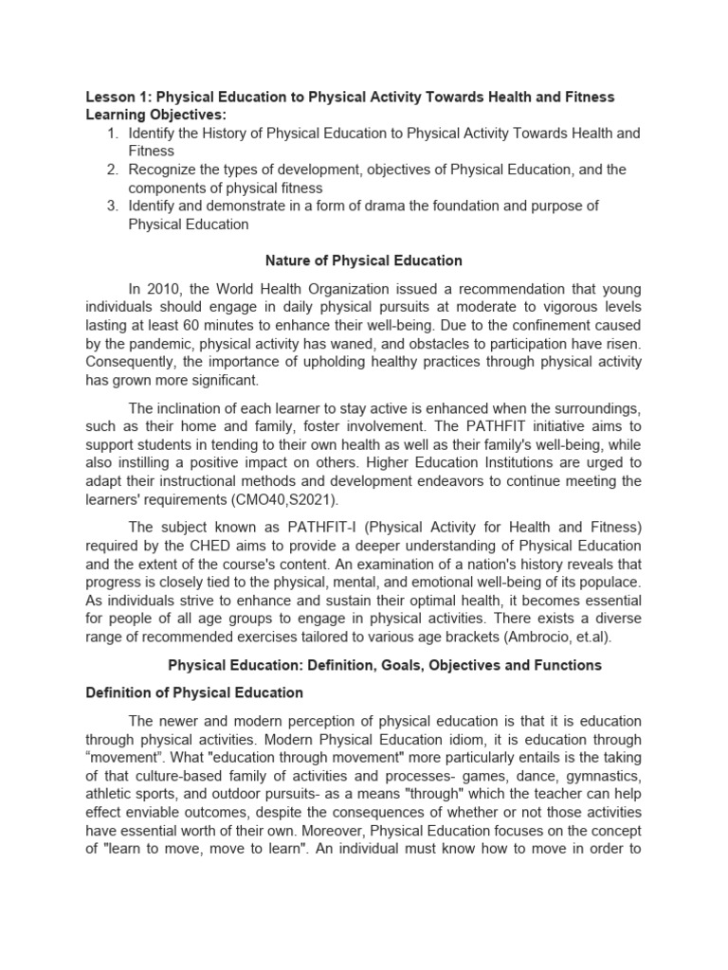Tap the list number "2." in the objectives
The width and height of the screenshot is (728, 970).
point(112,170)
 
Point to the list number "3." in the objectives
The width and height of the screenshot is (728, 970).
point(112,206)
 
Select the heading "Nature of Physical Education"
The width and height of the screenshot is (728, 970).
point(363,260)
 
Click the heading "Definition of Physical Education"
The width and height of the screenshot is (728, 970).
point(194,692)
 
